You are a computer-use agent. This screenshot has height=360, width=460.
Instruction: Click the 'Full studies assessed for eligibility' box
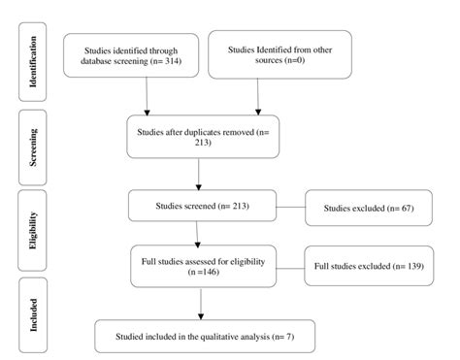201,265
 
